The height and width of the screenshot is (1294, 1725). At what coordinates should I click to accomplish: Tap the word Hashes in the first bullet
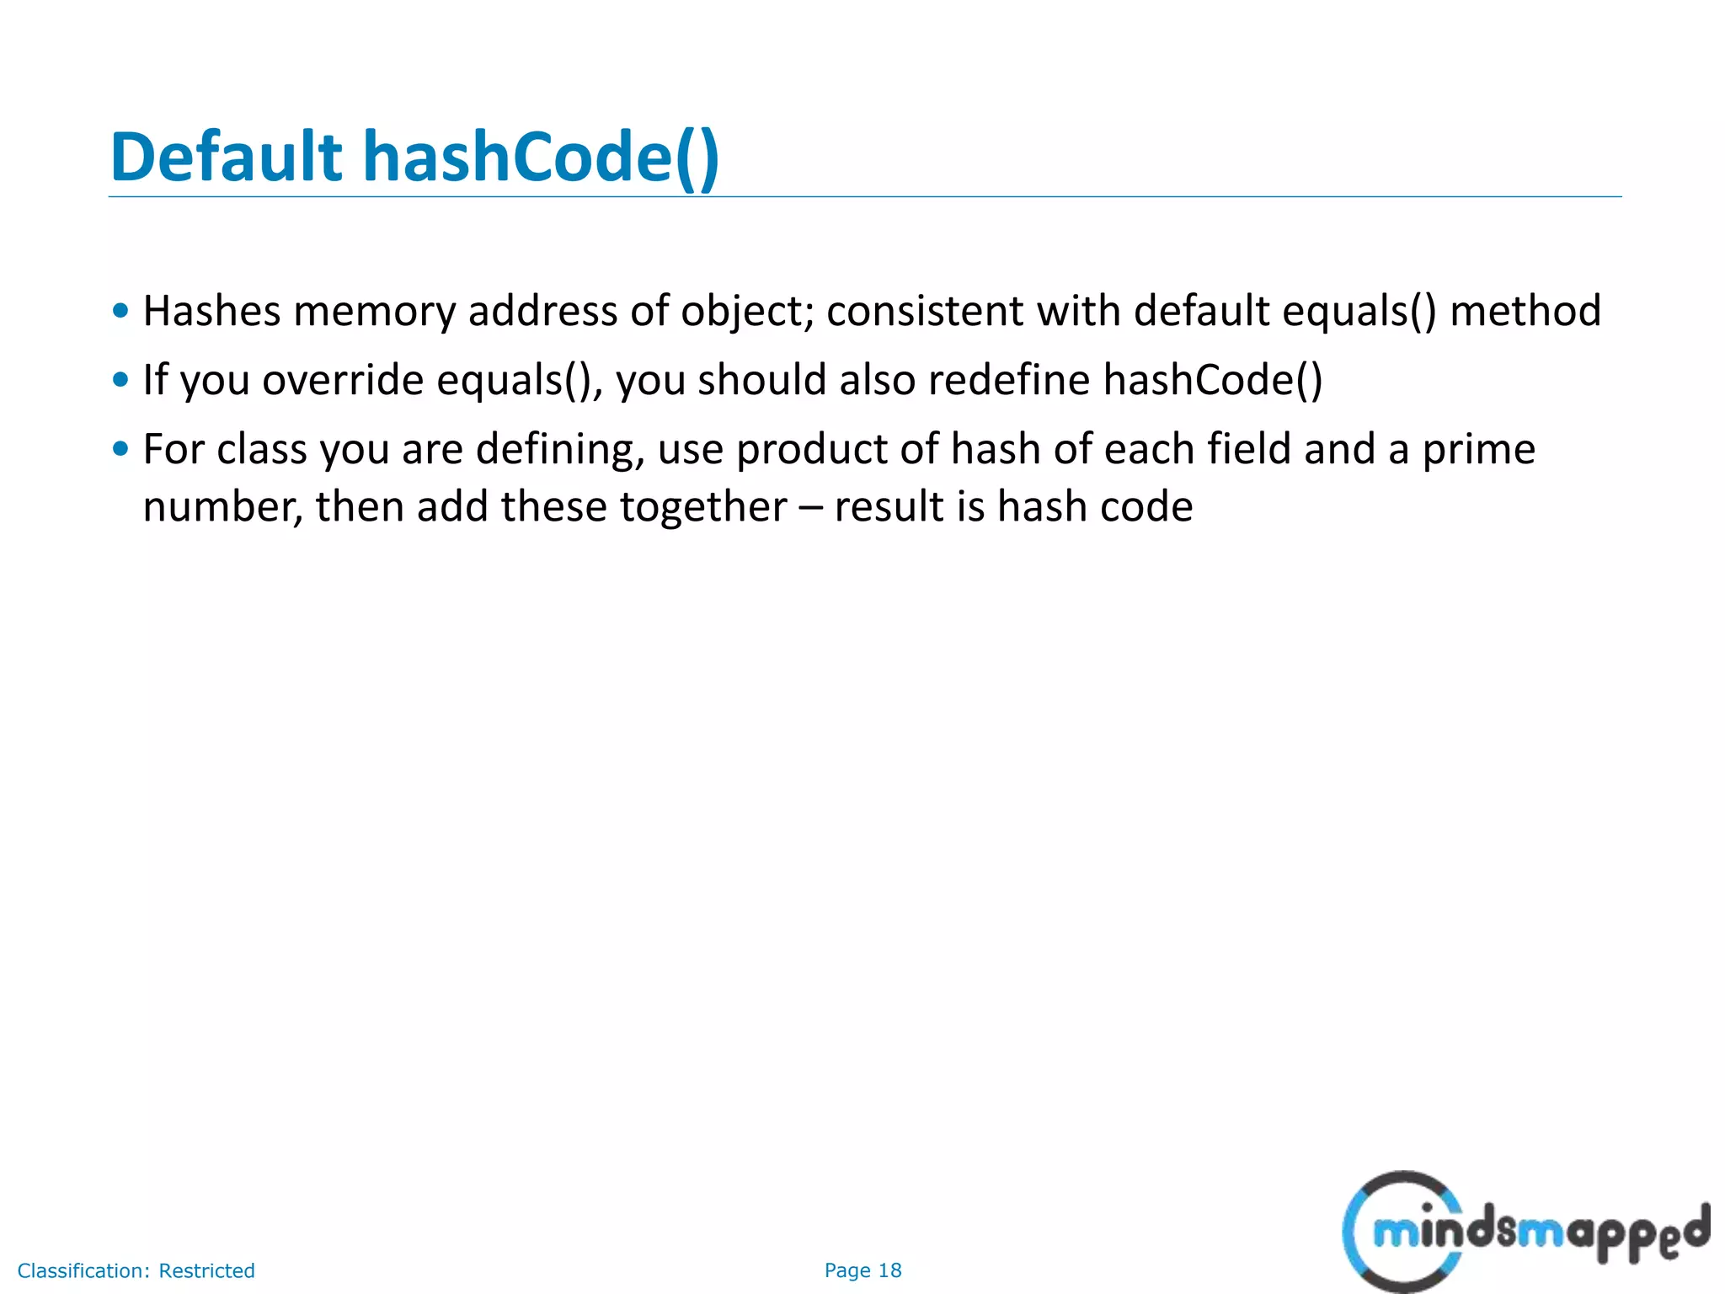pos(211,311)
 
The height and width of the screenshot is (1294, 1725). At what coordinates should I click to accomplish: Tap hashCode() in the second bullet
pos(1213,380)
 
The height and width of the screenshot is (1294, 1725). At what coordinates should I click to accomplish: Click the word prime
pos(1478,450)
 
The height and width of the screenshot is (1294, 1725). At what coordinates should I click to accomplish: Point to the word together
pos(703,507)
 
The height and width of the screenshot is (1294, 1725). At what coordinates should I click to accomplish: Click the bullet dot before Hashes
pos(120,311)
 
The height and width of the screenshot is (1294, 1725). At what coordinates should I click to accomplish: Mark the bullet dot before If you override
pos(120,380)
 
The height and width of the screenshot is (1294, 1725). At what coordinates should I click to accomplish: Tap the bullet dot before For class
pos(120,449)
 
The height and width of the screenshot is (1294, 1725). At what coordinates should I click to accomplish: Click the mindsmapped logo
pos(1525,1231)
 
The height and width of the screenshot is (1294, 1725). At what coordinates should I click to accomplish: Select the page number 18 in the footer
pos(889,1270)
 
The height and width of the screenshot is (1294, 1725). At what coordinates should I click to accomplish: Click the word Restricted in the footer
pos(206,1270)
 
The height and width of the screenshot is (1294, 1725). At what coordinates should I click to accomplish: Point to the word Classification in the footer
pos(83,1270)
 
